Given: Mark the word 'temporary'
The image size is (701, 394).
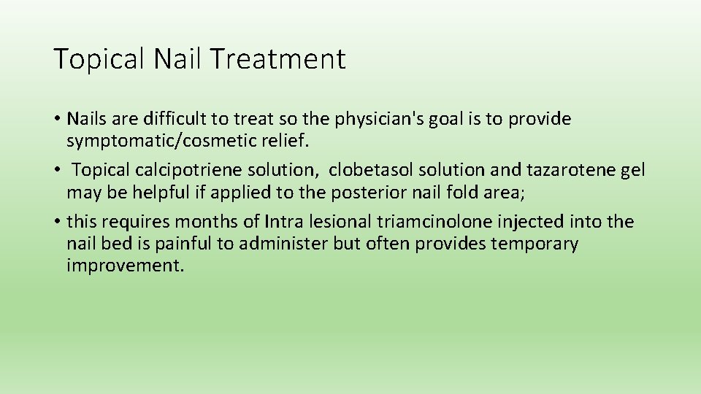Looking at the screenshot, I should click(x=535, y=244).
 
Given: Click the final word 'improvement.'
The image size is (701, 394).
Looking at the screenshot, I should click(x=126, y=266).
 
